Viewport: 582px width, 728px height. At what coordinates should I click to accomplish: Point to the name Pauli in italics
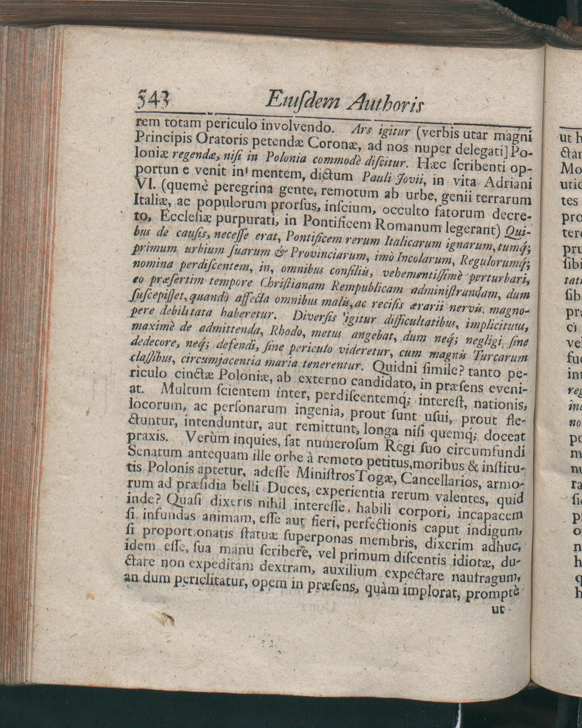376,178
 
